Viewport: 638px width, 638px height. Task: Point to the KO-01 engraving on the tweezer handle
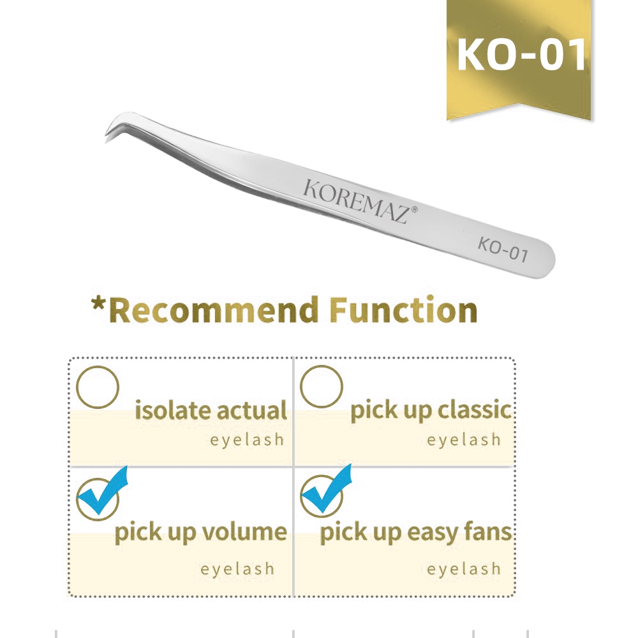pos(503,249)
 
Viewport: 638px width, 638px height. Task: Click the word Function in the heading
pos(404,310)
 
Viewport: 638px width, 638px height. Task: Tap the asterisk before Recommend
pos(98,305)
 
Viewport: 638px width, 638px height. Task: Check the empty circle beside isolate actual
pos(98,387)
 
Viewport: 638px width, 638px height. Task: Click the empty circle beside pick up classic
pos(322,387)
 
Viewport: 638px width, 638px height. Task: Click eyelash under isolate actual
pos(246,440)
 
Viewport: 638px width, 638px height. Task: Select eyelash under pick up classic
pos(464,440)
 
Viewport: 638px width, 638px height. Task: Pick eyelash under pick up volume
pos(237,569)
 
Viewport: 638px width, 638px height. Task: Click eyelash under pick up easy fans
pos(464,569)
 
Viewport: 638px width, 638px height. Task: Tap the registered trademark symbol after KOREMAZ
pos(415,209)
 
